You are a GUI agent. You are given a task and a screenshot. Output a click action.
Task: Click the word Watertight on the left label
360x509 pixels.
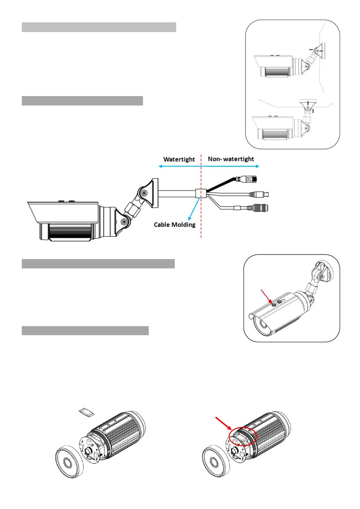(x=179, y=159)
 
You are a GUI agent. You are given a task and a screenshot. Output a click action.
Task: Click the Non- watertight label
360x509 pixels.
(x=231, y=159)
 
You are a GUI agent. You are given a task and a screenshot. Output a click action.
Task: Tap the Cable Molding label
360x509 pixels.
(x=174, y=225)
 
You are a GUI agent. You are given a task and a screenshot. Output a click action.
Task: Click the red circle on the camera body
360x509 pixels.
(x=243, y=436)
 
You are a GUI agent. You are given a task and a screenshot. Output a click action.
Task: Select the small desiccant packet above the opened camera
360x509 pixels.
(x=86, y=412)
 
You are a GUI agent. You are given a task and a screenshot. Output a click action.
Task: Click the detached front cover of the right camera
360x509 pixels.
(x=215, y=461)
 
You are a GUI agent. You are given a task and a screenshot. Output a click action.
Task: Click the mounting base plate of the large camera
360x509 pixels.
(x=154, y=193)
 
